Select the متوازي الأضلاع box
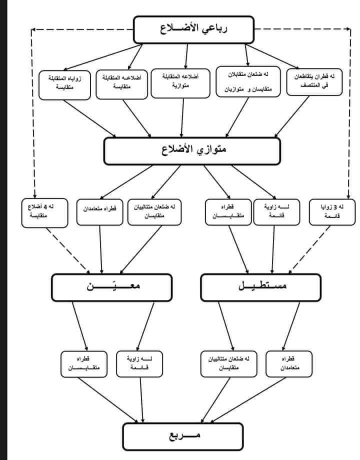(191, 151)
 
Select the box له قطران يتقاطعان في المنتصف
(314, 81)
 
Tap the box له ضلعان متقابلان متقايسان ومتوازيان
(245, 81)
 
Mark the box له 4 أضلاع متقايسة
(45, 212)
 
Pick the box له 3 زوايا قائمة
(331, 212)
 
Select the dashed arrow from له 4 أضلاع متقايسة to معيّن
(69, 250)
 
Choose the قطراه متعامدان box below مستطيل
(288, 363)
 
